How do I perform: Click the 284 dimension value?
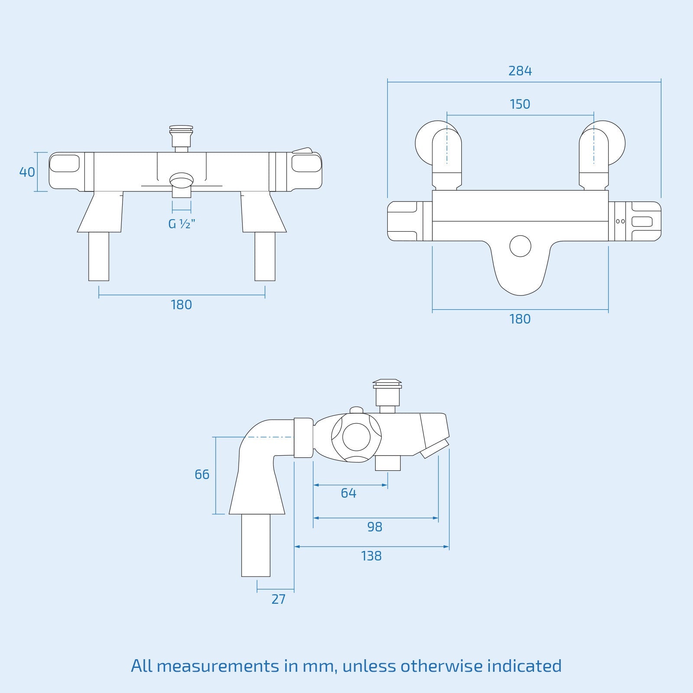tap(520, 71)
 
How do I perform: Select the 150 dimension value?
tap(520, 104)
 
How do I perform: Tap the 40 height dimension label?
tap(27, 172)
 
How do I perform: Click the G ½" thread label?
tap(181, 224)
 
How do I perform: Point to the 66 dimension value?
tap(202, 474)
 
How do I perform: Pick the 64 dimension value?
tap(348, 493)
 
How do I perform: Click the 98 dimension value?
tap(375, 527)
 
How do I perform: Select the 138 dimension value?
tap(371, 556)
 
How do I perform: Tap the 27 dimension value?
tap(278, 599)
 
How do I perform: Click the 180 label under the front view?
tap(181, 305)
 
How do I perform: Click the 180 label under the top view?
tap(520, 319)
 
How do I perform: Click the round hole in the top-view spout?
tap(520, 246)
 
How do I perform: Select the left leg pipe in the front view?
tap(99, 256)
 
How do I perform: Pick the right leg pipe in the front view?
tap(265, 256)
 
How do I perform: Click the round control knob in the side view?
tap(356, 437)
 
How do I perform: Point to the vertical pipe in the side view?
tap(256, 545)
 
